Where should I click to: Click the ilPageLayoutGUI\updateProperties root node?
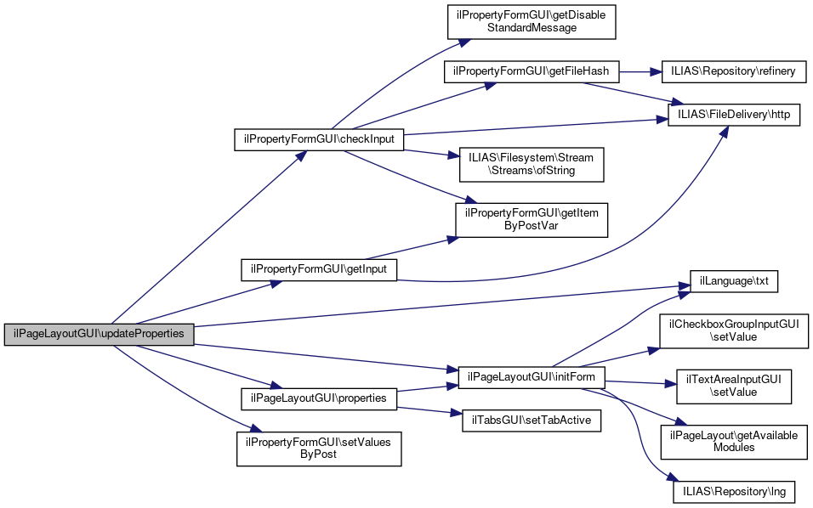(x=99, y=334)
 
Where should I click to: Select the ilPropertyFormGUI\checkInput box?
(x=319, y=140)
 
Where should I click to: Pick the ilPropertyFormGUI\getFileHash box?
(x=532, y=71)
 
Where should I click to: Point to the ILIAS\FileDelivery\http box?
(x=734, y=115)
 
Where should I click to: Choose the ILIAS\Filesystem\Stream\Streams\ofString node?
(x=532, y=164)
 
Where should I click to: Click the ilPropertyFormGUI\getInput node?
(x=319, y=269)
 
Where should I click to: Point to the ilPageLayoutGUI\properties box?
(x=319, y=398)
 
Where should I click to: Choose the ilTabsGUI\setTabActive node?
(x=531, y=420)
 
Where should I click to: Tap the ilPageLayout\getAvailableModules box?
(x=733, y=441)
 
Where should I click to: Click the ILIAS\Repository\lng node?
(x=733, y=491)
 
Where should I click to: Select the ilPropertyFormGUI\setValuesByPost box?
(x=319, y=448)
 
